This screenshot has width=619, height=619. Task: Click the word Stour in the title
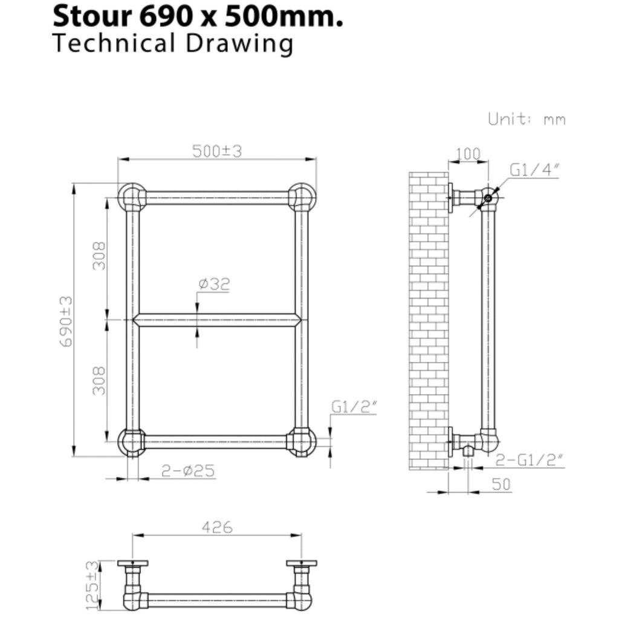pos(92,16)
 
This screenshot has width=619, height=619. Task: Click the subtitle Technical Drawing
pos(173,44)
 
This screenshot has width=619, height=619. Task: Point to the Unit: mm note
pos(527,119)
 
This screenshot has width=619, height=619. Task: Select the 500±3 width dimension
pos(217,151)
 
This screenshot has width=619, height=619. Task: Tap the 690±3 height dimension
pos(66,322)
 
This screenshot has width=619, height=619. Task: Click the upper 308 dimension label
pos(99,256)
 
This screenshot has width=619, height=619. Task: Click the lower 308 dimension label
pos(99,381)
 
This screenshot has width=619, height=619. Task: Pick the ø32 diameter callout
pos(214,284)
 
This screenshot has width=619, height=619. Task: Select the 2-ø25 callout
pos(188,470)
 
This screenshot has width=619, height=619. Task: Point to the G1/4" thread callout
pos(534,170)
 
